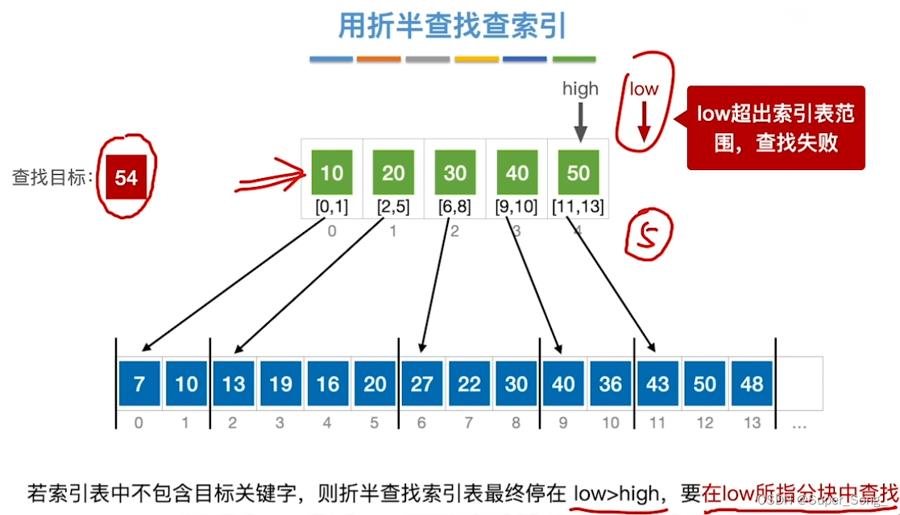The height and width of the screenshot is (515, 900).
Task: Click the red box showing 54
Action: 126,177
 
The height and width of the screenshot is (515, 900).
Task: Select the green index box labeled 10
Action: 331,173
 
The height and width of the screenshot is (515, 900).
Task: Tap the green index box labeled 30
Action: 455,173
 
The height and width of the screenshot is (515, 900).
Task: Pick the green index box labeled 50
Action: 578,173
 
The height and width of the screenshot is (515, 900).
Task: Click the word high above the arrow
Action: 580,89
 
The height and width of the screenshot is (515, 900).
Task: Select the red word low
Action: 644,89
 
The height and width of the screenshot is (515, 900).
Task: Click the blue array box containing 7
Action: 139,383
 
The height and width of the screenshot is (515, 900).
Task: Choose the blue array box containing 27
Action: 422,383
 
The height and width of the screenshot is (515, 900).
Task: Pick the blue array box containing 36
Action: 611,383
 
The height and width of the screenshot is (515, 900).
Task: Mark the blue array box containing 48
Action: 752,383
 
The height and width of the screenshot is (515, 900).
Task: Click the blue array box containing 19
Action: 280,383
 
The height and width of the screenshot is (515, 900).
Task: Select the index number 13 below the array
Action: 752,422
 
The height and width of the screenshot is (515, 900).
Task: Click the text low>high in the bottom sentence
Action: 616,492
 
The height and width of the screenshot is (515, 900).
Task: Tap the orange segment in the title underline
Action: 379,60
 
